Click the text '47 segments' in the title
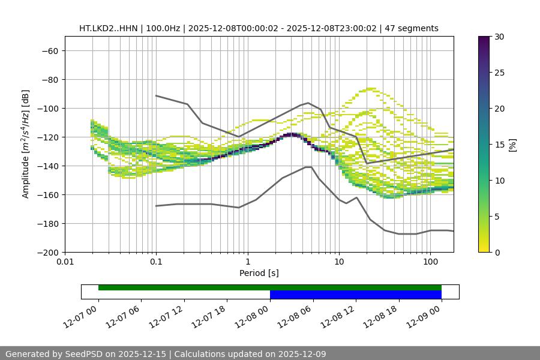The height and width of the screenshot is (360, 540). pos(412,28)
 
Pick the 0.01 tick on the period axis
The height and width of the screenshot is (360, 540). pos(65,262)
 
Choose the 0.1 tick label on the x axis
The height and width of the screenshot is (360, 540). pos(156,262)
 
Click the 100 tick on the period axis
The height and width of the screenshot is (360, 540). pos(430,262)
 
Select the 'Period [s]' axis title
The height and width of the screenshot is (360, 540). pos(259,273)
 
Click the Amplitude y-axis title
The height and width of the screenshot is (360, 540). pos(26,144)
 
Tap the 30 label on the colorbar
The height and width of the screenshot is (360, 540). pos(499,37)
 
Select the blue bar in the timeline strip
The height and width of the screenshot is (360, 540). pos(355,295)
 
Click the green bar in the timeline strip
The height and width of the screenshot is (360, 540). pos(269,287)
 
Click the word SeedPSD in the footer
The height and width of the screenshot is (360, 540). pos(84,354)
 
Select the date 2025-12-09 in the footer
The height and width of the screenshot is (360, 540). pos(302,354)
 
